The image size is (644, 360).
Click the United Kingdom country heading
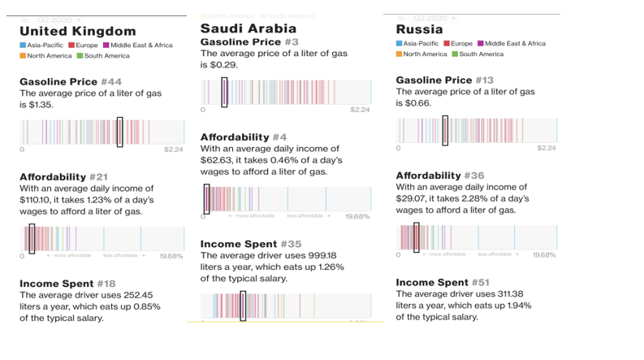click(x=78, y=31)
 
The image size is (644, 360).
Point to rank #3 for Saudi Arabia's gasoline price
click(x=291, y=41)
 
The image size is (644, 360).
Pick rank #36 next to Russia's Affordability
click(x=475, y=176)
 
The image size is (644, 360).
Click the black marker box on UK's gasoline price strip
click(x=119, y=132)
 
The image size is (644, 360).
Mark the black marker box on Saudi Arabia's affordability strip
click(x=206, y=199)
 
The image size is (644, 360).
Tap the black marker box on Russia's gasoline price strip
click(x=445, y=131)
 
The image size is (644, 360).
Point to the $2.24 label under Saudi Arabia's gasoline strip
click(x=361, y=110)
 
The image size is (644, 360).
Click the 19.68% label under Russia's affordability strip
click(x=544, y=255)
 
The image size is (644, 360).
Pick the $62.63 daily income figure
click(x=215, y=160)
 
